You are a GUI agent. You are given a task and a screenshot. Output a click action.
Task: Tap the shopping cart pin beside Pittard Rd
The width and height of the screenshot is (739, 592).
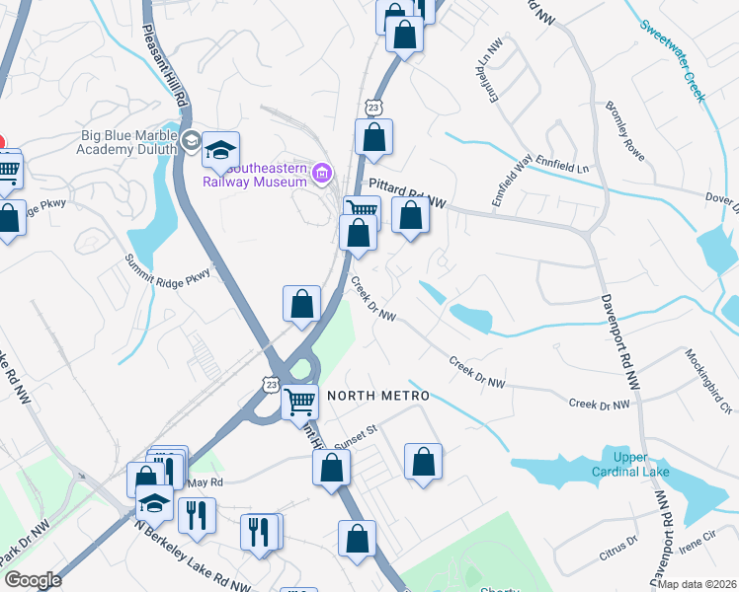pos(362,209)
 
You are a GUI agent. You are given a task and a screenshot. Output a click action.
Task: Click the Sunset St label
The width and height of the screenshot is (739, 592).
pos(358,430)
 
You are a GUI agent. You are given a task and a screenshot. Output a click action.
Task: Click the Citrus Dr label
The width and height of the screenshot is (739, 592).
pos(618,548)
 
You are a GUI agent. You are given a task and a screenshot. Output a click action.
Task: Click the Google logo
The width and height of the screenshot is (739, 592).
pos(33,580)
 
